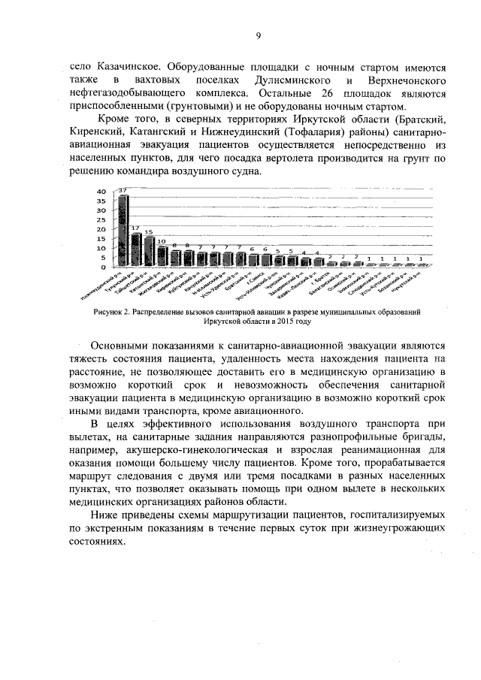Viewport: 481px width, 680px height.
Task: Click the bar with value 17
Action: pyautogui.click(x=136, y=249)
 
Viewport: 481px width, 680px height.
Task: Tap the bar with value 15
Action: pyautogui.click(x=149, y=252)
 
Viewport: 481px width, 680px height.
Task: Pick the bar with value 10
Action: pyautogui.click(x=162, y=256)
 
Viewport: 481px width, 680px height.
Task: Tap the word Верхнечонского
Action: pyautogui.click(x=410, y=80)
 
